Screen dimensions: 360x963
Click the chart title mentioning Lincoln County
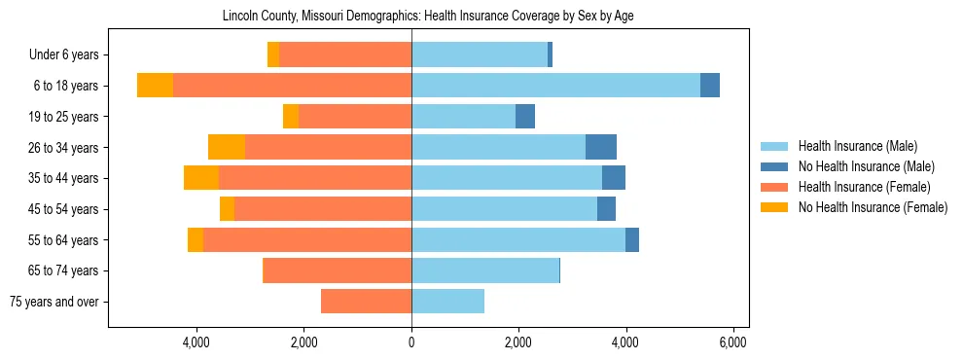coord(428,17)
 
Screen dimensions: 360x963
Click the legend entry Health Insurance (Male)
coord(857,146)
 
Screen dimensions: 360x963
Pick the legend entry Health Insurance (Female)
coord(864,187)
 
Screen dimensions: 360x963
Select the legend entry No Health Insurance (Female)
coord(873,207)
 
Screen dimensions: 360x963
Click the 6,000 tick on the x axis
coord(732,342)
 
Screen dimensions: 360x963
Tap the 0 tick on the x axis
coord(411,342)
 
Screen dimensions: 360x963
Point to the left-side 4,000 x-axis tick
coord(196,342)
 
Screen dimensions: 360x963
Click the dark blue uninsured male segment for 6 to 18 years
coord(710,86)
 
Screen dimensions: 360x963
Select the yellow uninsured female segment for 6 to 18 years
coord(155,86)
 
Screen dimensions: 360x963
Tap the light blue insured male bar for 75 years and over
coord(447,302)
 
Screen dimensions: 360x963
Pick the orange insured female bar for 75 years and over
coord(366,302)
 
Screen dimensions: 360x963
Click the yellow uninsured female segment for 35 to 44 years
coord(201,178)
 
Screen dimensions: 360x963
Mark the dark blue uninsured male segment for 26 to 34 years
coord(601,147)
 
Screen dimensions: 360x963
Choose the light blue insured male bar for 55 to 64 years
coord(518,239)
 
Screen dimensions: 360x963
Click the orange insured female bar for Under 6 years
coord(345,55)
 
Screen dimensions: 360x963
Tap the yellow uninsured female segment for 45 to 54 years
coord(227,209)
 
